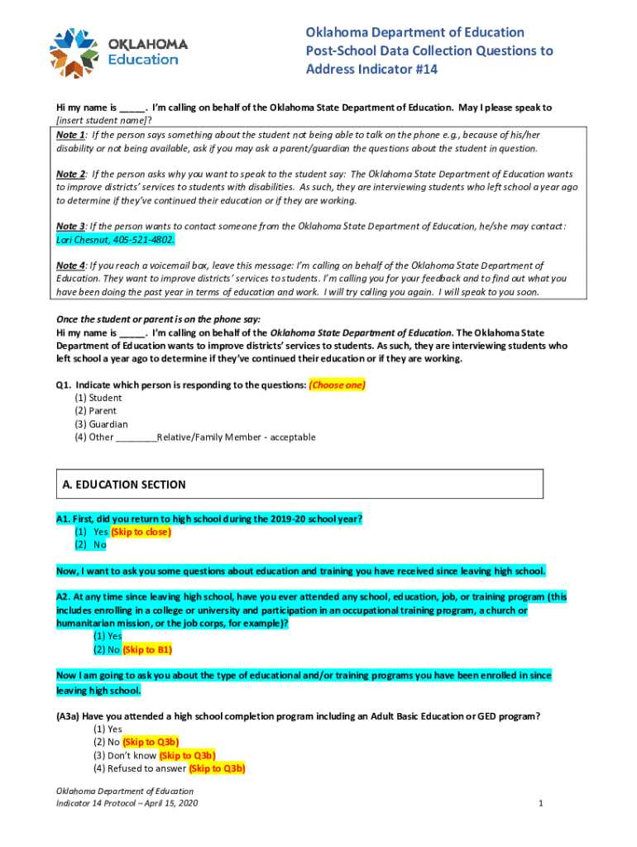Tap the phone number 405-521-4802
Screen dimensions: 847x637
click(x=146, y=239)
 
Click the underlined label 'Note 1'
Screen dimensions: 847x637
click(x=70, y=135)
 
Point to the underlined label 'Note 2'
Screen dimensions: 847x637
click(x=70, y=175)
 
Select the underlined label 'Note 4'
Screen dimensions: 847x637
click(x=70, y=266)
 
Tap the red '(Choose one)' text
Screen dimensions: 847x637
click(x=337, y=385)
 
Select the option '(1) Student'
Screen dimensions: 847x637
click(x=98, y=398)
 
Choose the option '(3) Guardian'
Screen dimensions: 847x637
click(x=101, y=424)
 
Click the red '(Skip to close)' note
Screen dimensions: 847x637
click(x=141, y=532)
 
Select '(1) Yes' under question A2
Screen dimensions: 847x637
click(x=108, y=636)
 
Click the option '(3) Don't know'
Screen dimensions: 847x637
click(x=124, y=755)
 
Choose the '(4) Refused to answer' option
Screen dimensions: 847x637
click(x=140, y=768)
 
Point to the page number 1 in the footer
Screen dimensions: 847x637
click(x=539, y=803)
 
